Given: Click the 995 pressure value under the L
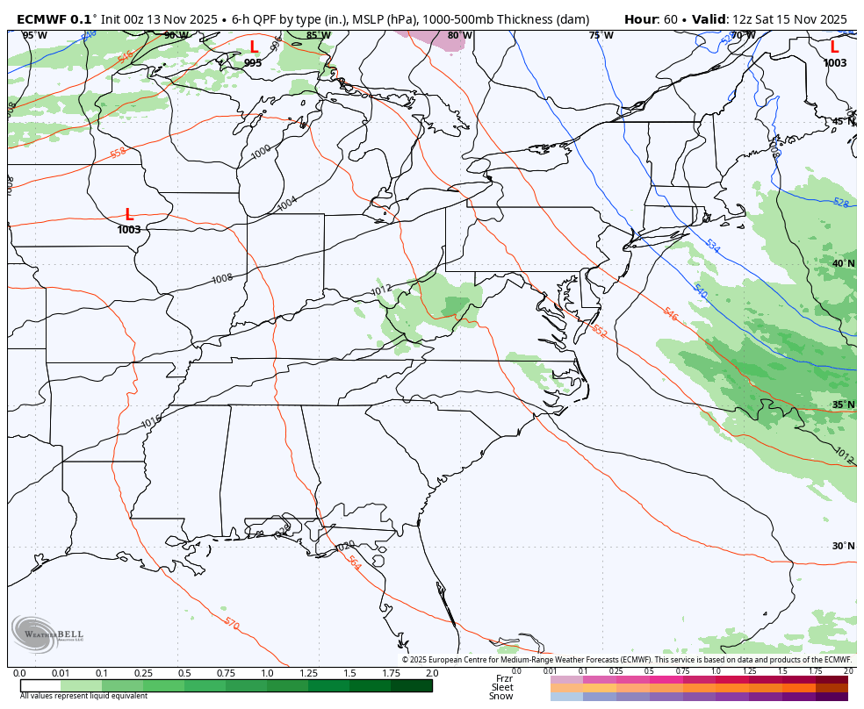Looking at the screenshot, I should pos(253,63).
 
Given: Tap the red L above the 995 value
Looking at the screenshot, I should pos(254,47).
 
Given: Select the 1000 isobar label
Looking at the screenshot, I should pos(262,151).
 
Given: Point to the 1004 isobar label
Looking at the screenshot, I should pos(287,203).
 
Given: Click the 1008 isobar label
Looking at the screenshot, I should pos(222,278).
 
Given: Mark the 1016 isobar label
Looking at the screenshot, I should pos(151,423).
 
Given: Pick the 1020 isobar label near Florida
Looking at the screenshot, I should pos(345,546).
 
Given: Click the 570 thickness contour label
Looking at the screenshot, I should pos(231,623).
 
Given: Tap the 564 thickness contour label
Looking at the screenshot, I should pos(354,562).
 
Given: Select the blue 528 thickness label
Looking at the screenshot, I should pos(840,203).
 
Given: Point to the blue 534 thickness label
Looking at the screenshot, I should pos(712,247).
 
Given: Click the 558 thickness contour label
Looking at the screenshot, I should pos(119,153).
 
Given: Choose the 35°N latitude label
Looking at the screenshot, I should pos(843,405).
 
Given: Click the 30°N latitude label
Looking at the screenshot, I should pos(843,546).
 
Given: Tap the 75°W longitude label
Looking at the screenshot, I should pos(601,35).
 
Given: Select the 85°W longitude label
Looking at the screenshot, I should pos(319,35).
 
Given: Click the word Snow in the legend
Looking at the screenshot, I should pos(501,697).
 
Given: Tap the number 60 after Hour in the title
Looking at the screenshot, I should pos(672,19).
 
